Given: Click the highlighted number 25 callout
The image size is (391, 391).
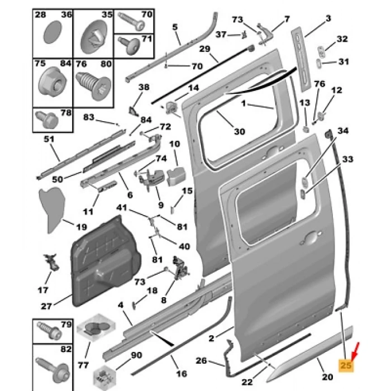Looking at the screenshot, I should (346, 366).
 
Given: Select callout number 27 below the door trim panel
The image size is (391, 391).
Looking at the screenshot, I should (46, 306).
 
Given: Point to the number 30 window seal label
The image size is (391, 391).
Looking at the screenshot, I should (239, 132).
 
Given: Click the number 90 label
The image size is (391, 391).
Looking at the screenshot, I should (136, 355).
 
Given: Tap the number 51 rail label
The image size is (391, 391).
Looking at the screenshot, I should (47, 140).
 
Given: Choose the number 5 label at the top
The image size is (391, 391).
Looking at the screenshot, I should (174, 27).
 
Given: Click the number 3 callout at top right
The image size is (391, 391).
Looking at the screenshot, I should (328, 19).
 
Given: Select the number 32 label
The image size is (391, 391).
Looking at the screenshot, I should (342, 39).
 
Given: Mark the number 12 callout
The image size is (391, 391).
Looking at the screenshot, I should (336, 90).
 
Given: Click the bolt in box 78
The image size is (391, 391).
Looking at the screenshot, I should (45, 119).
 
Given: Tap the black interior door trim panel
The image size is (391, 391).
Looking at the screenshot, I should (106, 263).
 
